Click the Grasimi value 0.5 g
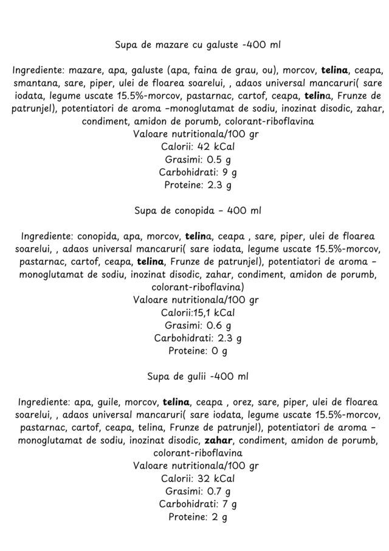[x=218, y=160]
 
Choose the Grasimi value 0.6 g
[x=218, y=325]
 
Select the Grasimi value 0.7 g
[x=218, y=491]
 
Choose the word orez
[x=248, y=402]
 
